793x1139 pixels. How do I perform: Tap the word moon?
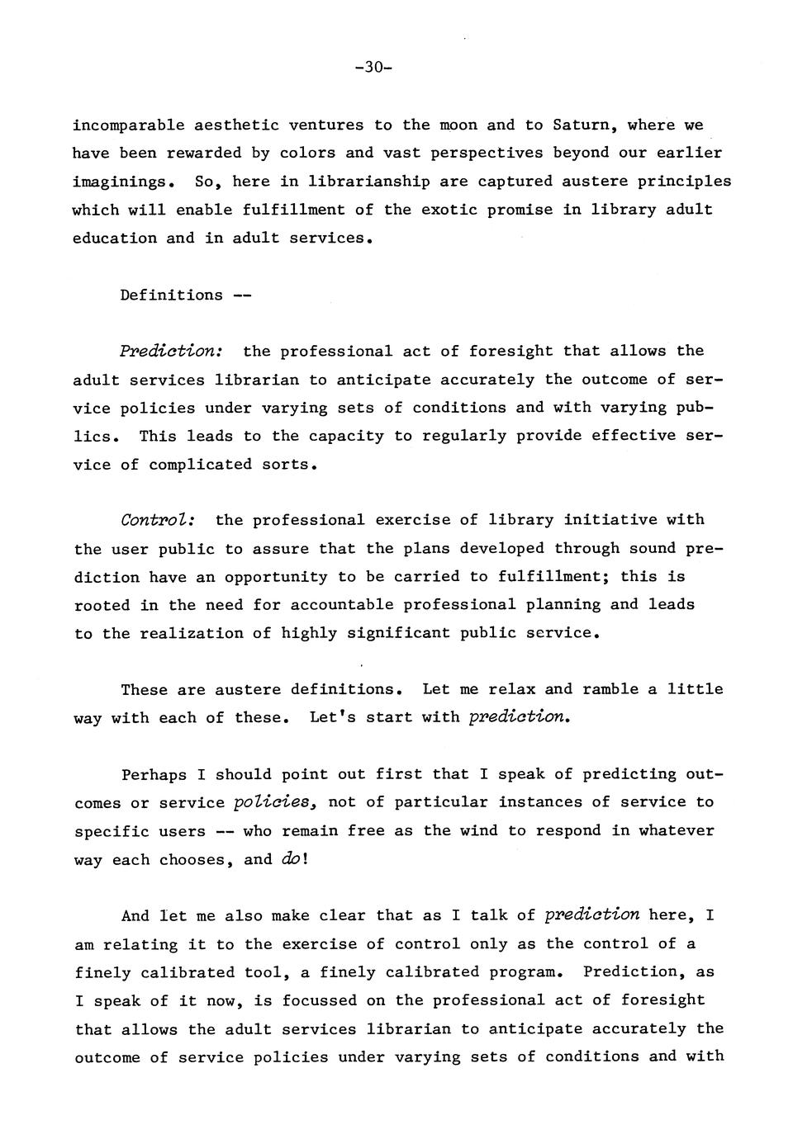(x=458, y=125)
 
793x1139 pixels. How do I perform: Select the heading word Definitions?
(x=171, y=295)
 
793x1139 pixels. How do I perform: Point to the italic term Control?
(x=158, y=521)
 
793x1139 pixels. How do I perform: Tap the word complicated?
(x=201, y=465)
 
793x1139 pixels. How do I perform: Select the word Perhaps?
(x=154, y=775)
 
